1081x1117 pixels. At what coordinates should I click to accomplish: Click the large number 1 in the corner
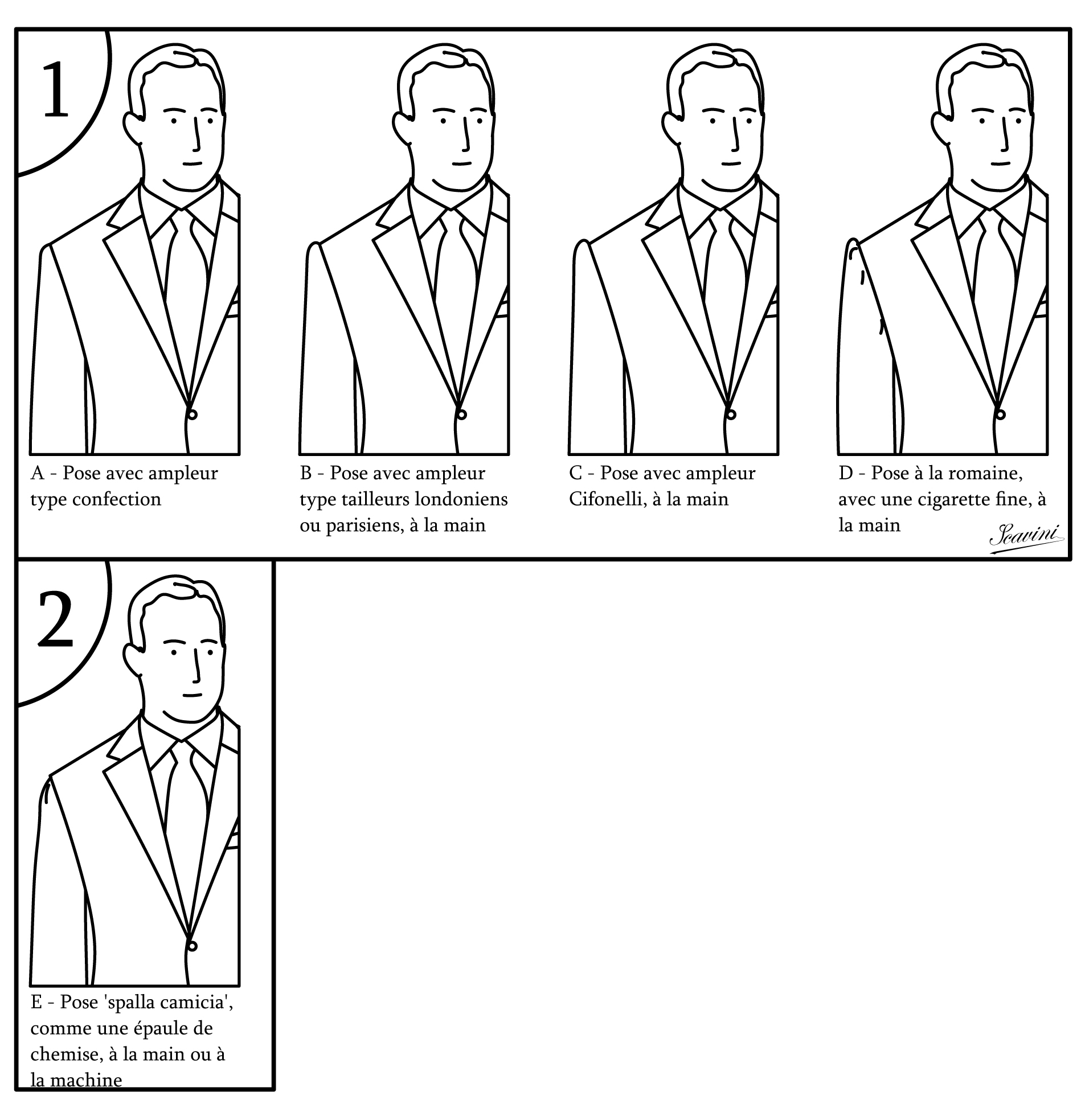click(x=56, y=90)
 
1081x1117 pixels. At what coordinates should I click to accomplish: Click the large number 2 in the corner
click(x=56, y=619)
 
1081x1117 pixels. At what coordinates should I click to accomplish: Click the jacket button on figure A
click(x=192, y=414)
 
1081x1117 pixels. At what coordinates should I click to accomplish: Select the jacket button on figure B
click(x=461, y=414)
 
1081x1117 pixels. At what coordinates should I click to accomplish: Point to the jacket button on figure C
click(x=731, y=414)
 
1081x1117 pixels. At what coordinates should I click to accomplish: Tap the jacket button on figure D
click(x=1000, y=414)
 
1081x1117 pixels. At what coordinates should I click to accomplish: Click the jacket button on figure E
click(x=192, y=946)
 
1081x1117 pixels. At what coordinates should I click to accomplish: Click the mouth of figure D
click(x=1001, y=164)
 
